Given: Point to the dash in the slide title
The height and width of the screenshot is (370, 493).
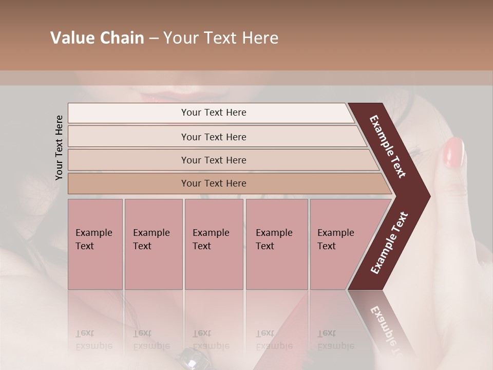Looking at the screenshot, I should (154, 39).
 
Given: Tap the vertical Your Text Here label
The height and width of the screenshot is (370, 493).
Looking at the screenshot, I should (59, 147).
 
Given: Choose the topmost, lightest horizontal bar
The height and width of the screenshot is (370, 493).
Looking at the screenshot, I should (214, 113).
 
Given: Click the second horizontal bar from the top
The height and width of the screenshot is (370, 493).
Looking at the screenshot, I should (214, 137).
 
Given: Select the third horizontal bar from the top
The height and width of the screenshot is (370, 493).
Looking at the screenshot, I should (214, 160).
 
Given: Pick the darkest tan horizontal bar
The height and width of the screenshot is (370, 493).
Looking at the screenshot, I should (214, 183).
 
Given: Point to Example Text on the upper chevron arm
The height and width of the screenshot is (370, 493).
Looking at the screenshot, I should (388, 147).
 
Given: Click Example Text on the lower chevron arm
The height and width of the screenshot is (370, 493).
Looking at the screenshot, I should (389, 243).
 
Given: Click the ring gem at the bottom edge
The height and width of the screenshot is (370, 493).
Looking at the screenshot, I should (191, 361).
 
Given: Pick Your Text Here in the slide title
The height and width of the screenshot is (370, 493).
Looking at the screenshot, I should (221, 38).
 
